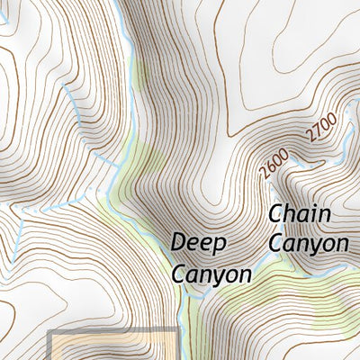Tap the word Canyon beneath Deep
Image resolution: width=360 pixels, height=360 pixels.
tap(210, 273)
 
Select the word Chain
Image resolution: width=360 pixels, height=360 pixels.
tap(300, 214)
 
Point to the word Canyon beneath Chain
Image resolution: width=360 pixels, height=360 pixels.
tap(309, 243)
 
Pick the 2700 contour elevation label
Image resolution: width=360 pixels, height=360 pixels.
tap(319, 127)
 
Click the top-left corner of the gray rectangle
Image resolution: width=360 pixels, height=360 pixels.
tap(49, 333)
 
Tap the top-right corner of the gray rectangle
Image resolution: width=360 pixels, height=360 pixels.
tap(175, 333)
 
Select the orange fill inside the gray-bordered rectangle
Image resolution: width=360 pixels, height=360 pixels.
tap(112, 349)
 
